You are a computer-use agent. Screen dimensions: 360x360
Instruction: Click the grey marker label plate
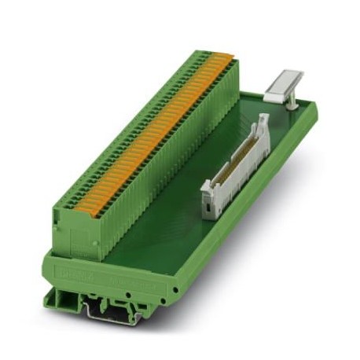click(x=284, y=83)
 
